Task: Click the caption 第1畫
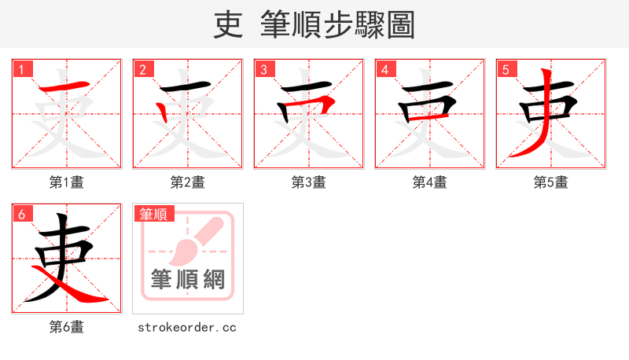pos(67,182)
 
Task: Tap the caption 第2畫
pos(188,182)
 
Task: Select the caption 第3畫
pos(309,182)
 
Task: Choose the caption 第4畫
pos(430,182)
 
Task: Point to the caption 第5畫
pos(551,182)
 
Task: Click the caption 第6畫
pos(67,327)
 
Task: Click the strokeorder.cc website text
pos(187,327)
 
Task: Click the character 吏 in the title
pos(228,25)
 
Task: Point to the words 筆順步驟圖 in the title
pos(337,25)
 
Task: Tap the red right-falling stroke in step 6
pos(83,291)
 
